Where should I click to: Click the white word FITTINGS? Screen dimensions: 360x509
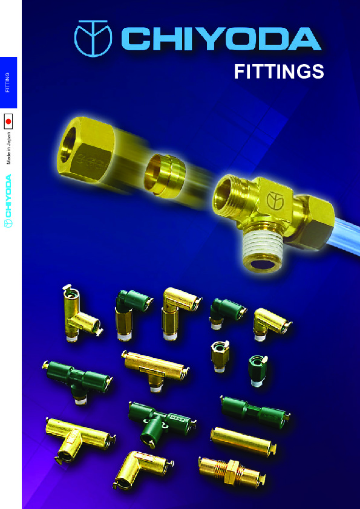[x=279, y=72]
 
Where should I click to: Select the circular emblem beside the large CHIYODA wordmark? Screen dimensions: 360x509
[x=93, y=39]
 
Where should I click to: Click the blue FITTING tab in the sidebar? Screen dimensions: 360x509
[x=8, y=82]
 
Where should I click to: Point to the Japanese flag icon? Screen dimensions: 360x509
[x=8, y=122]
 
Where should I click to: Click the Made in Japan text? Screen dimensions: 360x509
[x=8, y=148]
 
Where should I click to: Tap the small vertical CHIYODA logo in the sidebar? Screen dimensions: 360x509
[x=8, y=201]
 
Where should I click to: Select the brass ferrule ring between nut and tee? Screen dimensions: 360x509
[x=165, y=176]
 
